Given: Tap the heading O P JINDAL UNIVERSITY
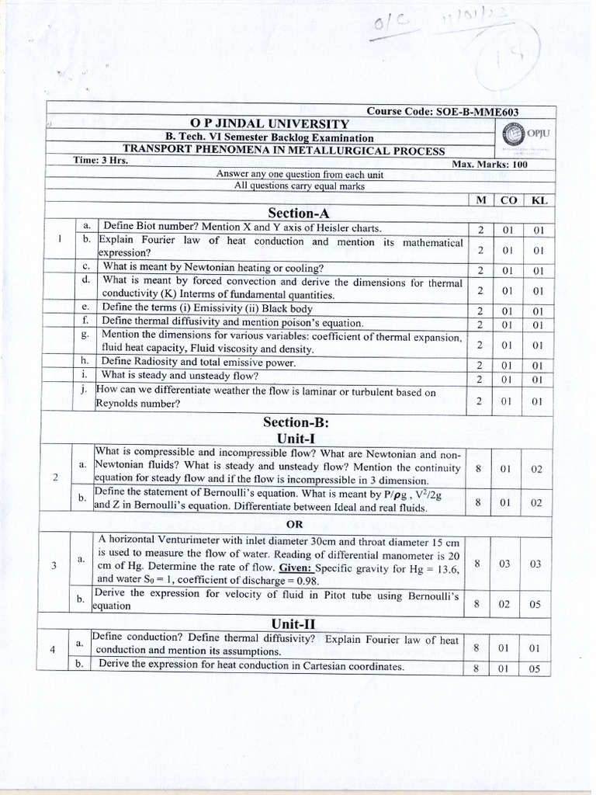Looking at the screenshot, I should coord(270,124).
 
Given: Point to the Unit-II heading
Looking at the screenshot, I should coord(293,623).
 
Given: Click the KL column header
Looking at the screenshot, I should coord(538,200).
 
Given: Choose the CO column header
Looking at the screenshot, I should coord(508,200).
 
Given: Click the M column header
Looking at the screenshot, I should coord(481,200).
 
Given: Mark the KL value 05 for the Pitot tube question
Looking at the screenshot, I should coord(537,601).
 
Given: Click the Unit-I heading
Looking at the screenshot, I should coord(294,439).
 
